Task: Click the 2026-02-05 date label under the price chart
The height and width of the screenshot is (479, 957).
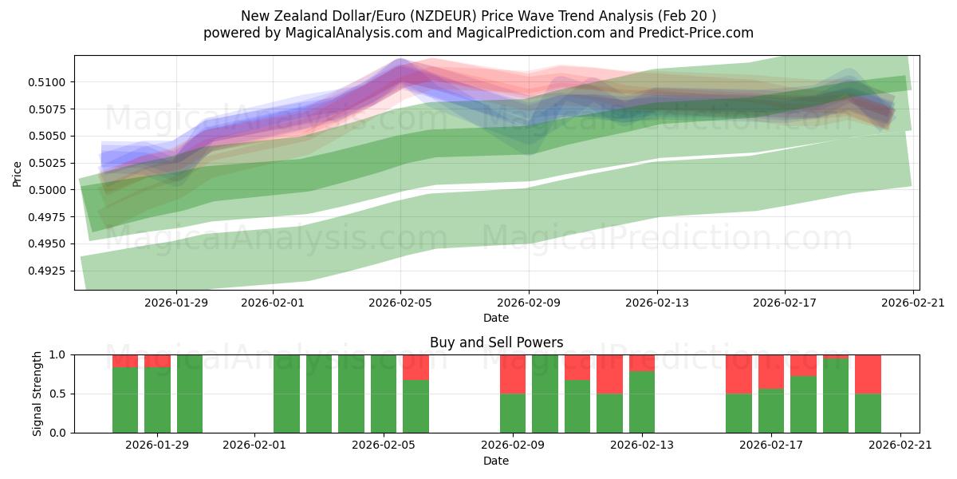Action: (400, 303)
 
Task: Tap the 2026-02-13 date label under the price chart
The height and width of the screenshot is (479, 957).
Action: (657, 303)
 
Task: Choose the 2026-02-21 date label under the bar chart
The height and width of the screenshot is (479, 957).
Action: (900, 445)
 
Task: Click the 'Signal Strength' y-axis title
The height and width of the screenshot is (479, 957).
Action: (37, 394)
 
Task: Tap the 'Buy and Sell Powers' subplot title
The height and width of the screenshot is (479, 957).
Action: (496, 342)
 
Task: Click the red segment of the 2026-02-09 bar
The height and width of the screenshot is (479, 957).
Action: (513, 374)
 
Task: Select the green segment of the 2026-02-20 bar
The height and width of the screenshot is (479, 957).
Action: (868, 413)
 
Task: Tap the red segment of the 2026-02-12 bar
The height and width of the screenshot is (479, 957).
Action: (609, 374)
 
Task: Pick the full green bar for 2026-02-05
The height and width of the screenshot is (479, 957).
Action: (384, 394)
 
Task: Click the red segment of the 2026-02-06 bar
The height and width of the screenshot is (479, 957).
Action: (415, 366)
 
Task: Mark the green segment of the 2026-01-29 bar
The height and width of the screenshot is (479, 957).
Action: (157, 399)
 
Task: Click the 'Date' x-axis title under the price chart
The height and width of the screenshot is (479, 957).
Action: (496, 318)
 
